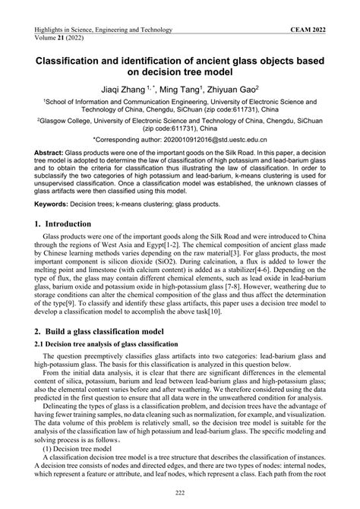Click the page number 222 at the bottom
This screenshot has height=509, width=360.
(180, 494)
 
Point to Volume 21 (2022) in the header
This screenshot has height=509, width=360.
(60, 36)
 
